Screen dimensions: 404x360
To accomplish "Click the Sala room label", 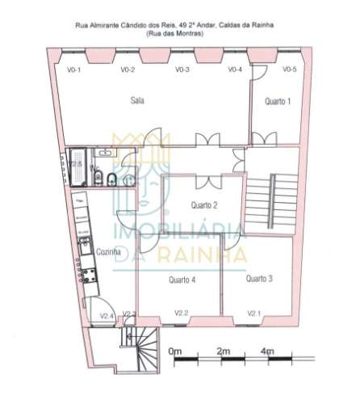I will click(x=138, y=100).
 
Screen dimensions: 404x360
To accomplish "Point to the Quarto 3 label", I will click(x=259, y=278).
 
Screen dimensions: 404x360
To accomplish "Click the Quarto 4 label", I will click(x=182, y=280).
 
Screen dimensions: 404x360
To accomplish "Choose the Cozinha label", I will click(x=108, y=252).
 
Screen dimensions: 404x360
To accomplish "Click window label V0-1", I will click(x=73, y=70).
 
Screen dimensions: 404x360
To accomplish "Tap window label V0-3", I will click(x=182, y=70).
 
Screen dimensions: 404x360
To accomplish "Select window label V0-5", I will click(x=290, y=70).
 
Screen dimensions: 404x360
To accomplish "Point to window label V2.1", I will click(x=254, y=313).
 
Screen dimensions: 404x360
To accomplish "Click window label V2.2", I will click(x=181, y=313).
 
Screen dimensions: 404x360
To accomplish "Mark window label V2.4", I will click(x=106, y=315).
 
